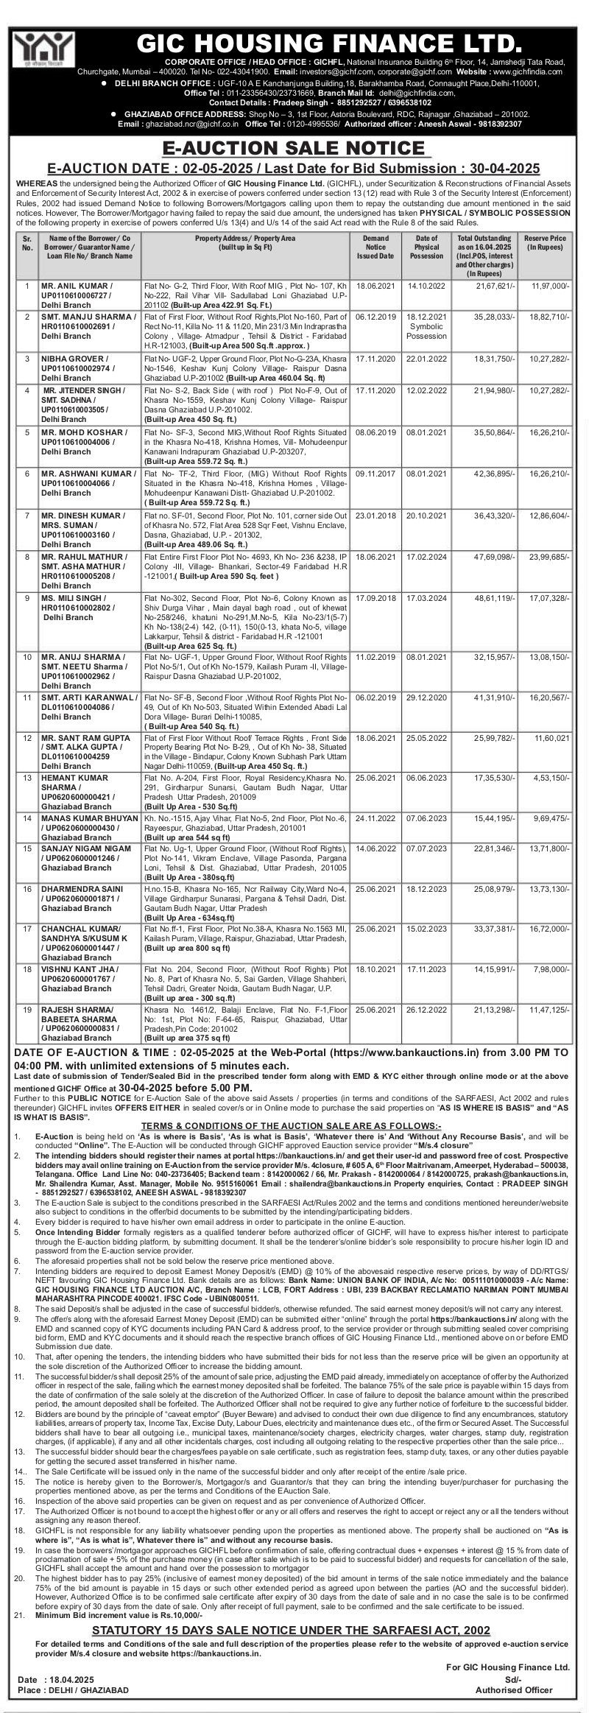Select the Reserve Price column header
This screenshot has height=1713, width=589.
pos(545,244)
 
